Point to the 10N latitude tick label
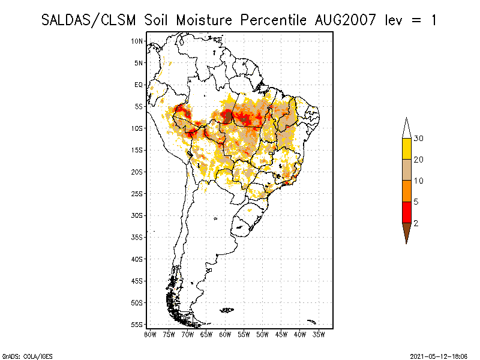(137, 41)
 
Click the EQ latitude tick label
(139, 85)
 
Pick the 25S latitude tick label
(137, 193)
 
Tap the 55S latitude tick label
(137, 324)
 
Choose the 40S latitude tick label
(137, 259)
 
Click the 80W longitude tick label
(150, 334)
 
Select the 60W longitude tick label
(225, 334)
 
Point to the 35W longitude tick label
(319, 334)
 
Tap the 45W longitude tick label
(281, 334)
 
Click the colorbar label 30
(419, 139)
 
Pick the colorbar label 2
(416, 223)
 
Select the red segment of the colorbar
(406, 212)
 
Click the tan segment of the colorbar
(406, 170)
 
